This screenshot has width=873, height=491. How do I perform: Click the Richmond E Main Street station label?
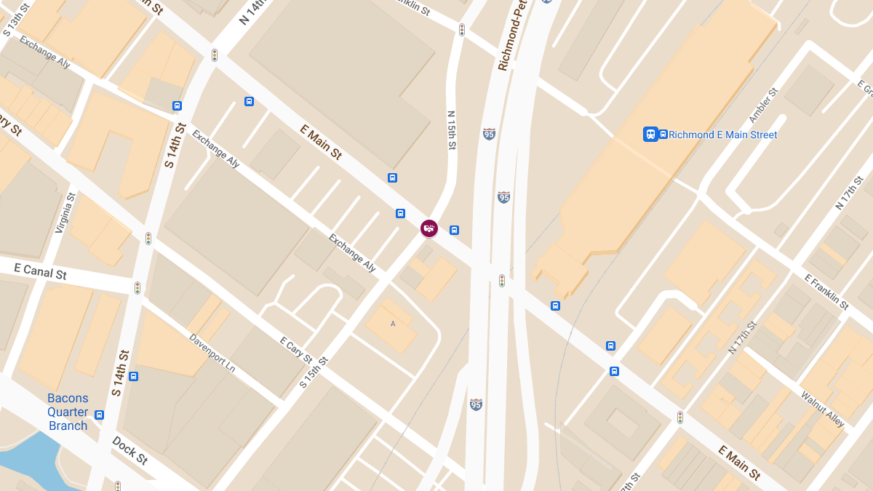[722, 135]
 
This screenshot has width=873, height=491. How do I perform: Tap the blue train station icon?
[650, 134]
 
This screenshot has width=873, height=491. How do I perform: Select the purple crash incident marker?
[429, 228]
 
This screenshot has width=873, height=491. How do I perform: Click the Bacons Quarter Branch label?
[68, 412]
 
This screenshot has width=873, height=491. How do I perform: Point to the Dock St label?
[130, 450]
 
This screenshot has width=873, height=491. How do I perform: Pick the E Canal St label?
[40, 271]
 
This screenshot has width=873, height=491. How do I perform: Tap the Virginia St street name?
[65, 213]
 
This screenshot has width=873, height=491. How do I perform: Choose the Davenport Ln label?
[212, 353]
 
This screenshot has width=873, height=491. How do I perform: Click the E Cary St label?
[296, 350]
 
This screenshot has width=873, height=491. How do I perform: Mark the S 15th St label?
[314, 372]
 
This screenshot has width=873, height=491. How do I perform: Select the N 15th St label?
[451, 131]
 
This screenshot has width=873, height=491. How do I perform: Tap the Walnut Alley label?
[823, 410]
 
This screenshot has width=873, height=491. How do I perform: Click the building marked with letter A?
[393, 324]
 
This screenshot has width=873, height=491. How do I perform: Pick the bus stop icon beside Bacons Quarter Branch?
[99, 415]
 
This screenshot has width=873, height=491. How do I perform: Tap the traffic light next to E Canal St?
[137, 288]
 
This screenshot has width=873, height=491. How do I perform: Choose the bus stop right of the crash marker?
[454, 230]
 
